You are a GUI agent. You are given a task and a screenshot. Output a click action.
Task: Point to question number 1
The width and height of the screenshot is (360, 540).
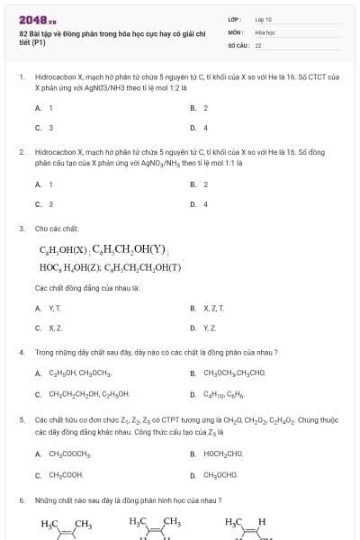[21, 77]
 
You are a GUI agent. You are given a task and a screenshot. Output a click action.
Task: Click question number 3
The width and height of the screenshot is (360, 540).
[21, 229]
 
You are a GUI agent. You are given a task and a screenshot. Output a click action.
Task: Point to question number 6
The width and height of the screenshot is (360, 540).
[21, 499]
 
